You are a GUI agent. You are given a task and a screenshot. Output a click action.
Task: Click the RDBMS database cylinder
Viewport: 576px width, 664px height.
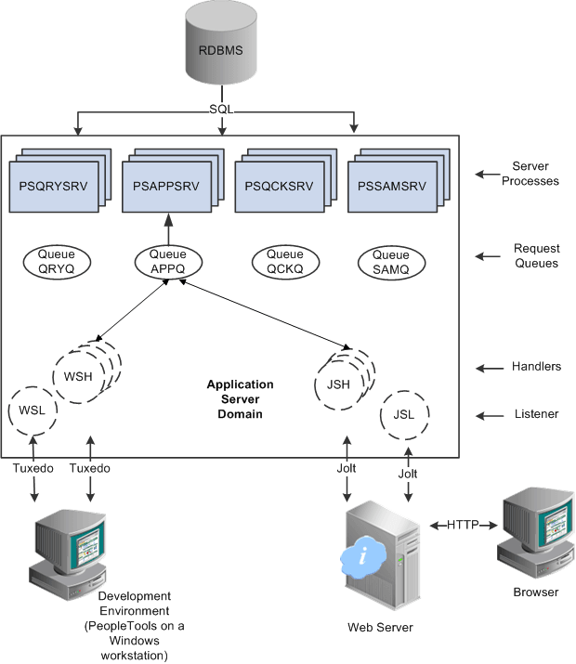(x=220, y=49)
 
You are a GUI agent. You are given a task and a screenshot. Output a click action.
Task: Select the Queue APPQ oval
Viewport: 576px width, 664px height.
(x=168, y=261)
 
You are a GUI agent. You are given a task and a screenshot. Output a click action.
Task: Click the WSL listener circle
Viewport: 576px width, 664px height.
(x=33, y=410)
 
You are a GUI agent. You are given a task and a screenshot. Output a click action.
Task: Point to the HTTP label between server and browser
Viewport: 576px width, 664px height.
(x=461, y=526)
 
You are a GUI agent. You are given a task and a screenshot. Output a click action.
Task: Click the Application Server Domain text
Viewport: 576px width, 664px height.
(x=240, y=398)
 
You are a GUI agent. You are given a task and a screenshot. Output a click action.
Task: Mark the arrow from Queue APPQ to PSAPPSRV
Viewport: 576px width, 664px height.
(x=168, y=228)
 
